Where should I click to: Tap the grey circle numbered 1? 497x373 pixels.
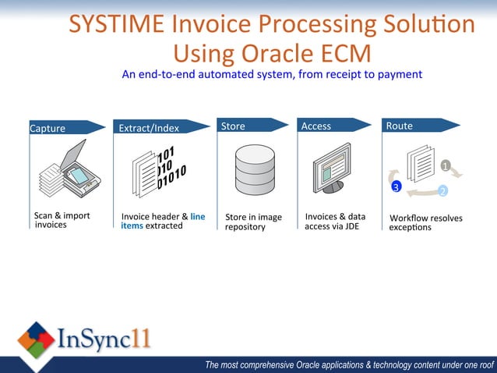coord(445,166)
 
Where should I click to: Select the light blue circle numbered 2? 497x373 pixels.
coord(442,191)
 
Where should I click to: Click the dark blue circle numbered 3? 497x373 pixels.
coord(396,187)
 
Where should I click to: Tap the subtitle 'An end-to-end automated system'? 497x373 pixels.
coord(272,75)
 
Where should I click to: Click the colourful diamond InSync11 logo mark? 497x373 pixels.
coord(36,340)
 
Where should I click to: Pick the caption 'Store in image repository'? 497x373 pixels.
coord(253,222)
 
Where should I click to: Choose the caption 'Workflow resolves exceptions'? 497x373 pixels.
coord(425,222)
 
